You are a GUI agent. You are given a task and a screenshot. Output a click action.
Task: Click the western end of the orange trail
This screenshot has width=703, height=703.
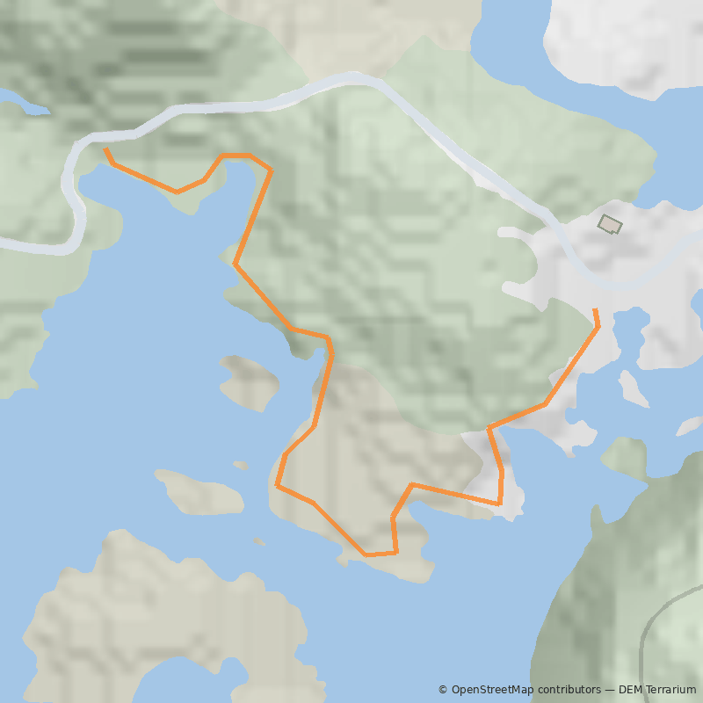point(106,150)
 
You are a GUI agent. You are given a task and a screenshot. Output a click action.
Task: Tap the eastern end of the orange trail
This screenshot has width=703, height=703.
point(595,311)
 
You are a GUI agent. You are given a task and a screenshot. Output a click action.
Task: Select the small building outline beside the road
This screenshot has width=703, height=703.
point(609,224)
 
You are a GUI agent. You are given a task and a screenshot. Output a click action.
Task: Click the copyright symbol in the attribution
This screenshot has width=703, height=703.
point(443,690)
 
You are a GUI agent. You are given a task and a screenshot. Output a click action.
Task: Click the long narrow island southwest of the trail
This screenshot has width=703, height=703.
point(200,492)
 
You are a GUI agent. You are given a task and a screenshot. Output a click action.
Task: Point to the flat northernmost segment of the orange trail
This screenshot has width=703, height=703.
point(236,156)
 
